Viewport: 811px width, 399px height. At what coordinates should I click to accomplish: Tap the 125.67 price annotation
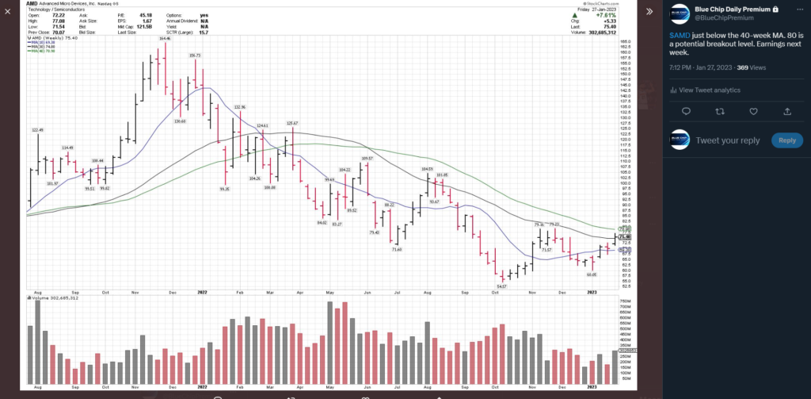point(291,123)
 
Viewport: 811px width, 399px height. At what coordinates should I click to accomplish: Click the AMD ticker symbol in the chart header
point(32,4)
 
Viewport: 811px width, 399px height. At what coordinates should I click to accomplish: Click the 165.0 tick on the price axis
point(624,41)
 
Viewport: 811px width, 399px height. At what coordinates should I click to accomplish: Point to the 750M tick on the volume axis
point(625,302)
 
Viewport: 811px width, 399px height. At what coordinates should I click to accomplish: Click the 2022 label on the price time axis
point(202,293)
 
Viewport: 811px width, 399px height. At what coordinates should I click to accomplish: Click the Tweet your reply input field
point(728,140)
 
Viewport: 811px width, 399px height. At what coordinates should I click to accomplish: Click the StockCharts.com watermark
point(600,4)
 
